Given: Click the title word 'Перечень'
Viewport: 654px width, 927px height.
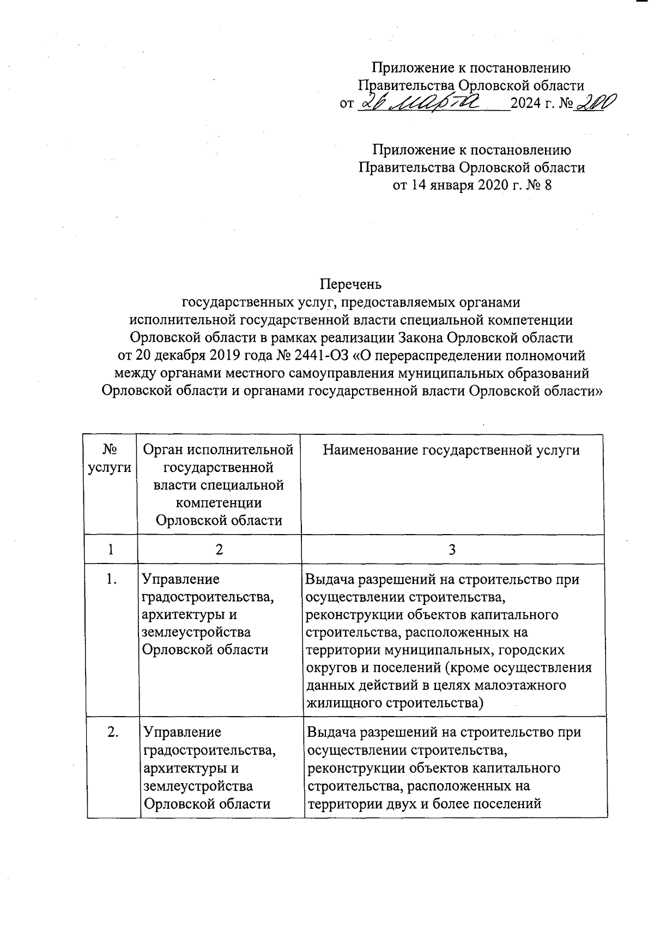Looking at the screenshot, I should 352,284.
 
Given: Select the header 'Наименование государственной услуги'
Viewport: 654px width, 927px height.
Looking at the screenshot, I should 452,450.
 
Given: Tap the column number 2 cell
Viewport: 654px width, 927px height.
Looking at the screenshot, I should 219,549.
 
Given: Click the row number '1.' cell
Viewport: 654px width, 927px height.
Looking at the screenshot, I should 112,579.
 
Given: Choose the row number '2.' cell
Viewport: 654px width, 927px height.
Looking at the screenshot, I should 113,732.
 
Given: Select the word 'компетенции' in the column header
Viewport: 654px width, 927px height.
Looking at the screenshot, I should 219,502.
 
